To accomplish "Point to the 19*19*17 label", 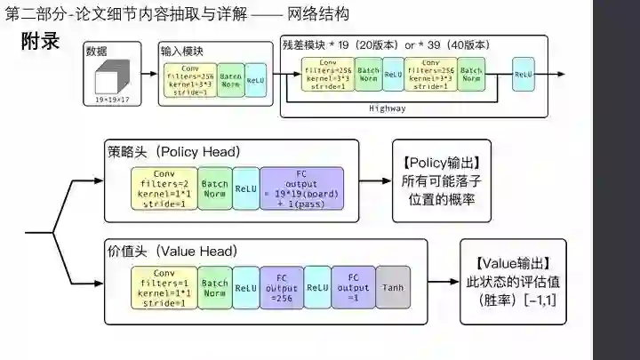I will pos(112,101).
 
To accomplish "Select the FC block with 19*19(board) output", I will pos(300,188).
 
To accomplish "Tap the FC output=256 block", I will pos(282,287).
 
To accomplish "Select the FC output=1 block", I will pos(354,287).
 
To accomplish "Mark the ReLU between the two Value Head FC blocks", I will pos(318,287).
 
